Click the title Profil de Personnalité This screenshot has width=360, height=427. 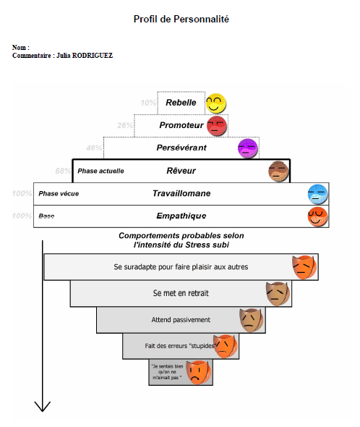181,20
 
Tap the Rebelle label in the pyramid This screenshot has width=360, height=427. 181,103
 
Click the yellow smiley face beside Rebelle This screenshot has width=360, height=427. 216,103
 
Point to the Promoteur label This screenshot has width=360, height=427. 181,125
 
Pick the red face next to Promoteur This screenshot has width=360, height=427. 216,126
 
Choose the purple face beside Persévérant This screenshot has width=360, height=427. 248,148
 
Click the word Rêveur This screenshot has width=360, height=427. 181,171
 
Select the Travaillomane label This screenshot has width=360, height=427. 181,194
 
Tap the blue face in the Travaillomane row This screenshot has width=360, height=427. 318,194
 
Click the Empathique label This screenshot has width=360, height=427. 181,216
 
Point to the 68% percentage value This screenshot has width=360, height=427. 63,172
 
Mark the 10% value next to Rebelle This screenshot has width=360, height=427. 148,103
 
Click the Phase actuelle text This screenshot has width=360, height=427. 100,172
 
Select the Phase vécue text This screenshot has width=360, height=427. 59,194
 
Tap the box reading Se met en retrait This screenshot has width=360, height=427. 181,293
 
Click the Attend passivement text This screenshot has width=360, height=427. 181,319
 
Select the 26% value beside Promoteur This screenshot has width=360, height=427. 125,125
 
